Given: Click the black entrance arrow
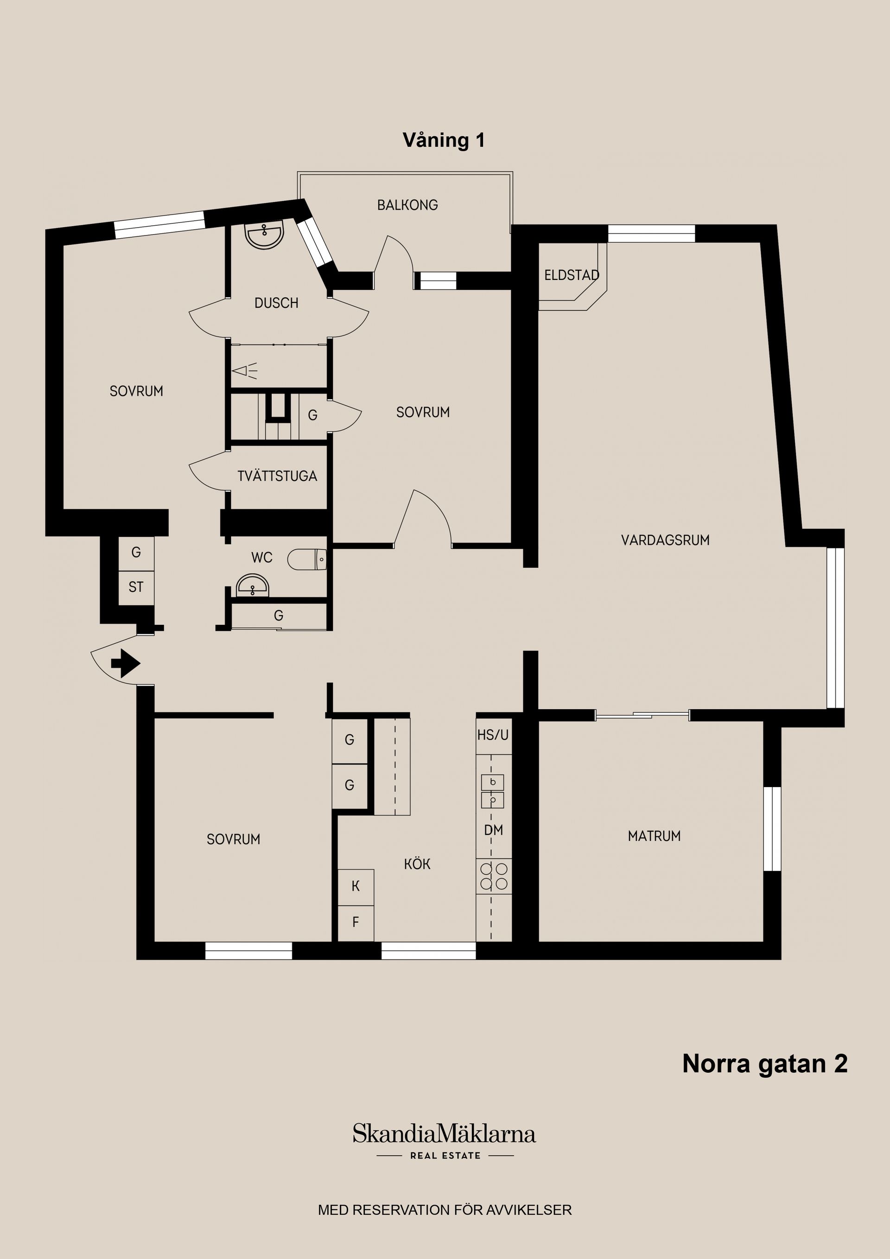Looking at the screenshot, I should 126,663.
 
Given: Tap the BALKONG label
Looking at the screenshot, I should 407,205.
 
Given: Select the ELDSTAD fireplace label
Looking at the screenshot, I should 572,275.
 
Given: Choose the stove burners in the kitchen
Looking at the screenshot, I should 494,876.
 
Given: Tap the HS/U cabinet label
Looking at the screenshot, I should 493,735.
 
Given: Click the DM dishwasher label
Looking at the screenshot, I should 494,830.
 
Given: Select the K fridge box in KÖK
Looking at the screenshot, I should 356,887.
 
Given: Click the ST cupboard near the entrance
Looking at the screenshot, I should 136,587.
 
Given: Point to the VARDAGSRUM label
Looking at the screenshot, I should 665,540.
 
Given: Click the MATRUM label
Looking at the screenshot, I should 654,836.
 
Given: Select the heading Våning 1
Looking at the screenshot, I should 444,140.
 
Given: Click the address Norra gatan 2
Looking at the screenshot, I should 764,1063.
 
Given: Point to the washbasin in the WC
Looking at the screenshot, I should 253,586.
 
